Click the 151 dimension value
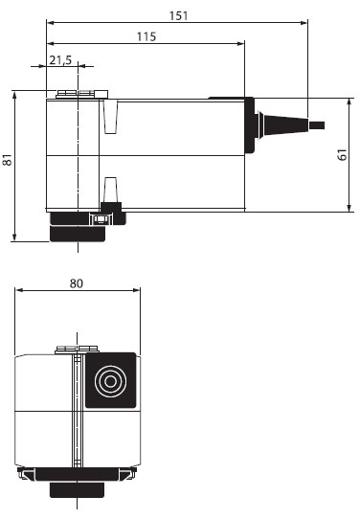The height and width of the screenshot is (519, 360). (x=178, y=15)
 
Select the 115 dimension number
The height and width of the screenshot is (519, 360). (x=146, y=36)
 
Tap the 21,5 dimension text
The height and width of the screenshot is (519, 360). (x=60, y=60)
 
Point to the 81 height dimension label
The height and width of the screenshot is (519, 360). (x=8, y=160)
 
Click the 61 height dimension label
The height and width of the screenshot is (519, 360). (x=343, y=155)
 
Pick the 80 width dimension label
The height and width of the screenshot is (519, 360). (x=77, y=283)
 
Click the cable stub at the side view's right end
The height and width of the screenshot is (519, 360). (x=317, y=125)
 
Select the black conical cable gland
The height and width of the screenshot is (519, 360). (x=282, y=124)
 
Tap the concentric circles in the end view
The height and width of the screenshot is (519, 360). (x=110, y=381)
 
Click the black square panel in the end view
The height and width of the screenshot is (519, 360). (x=111, y=380)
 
